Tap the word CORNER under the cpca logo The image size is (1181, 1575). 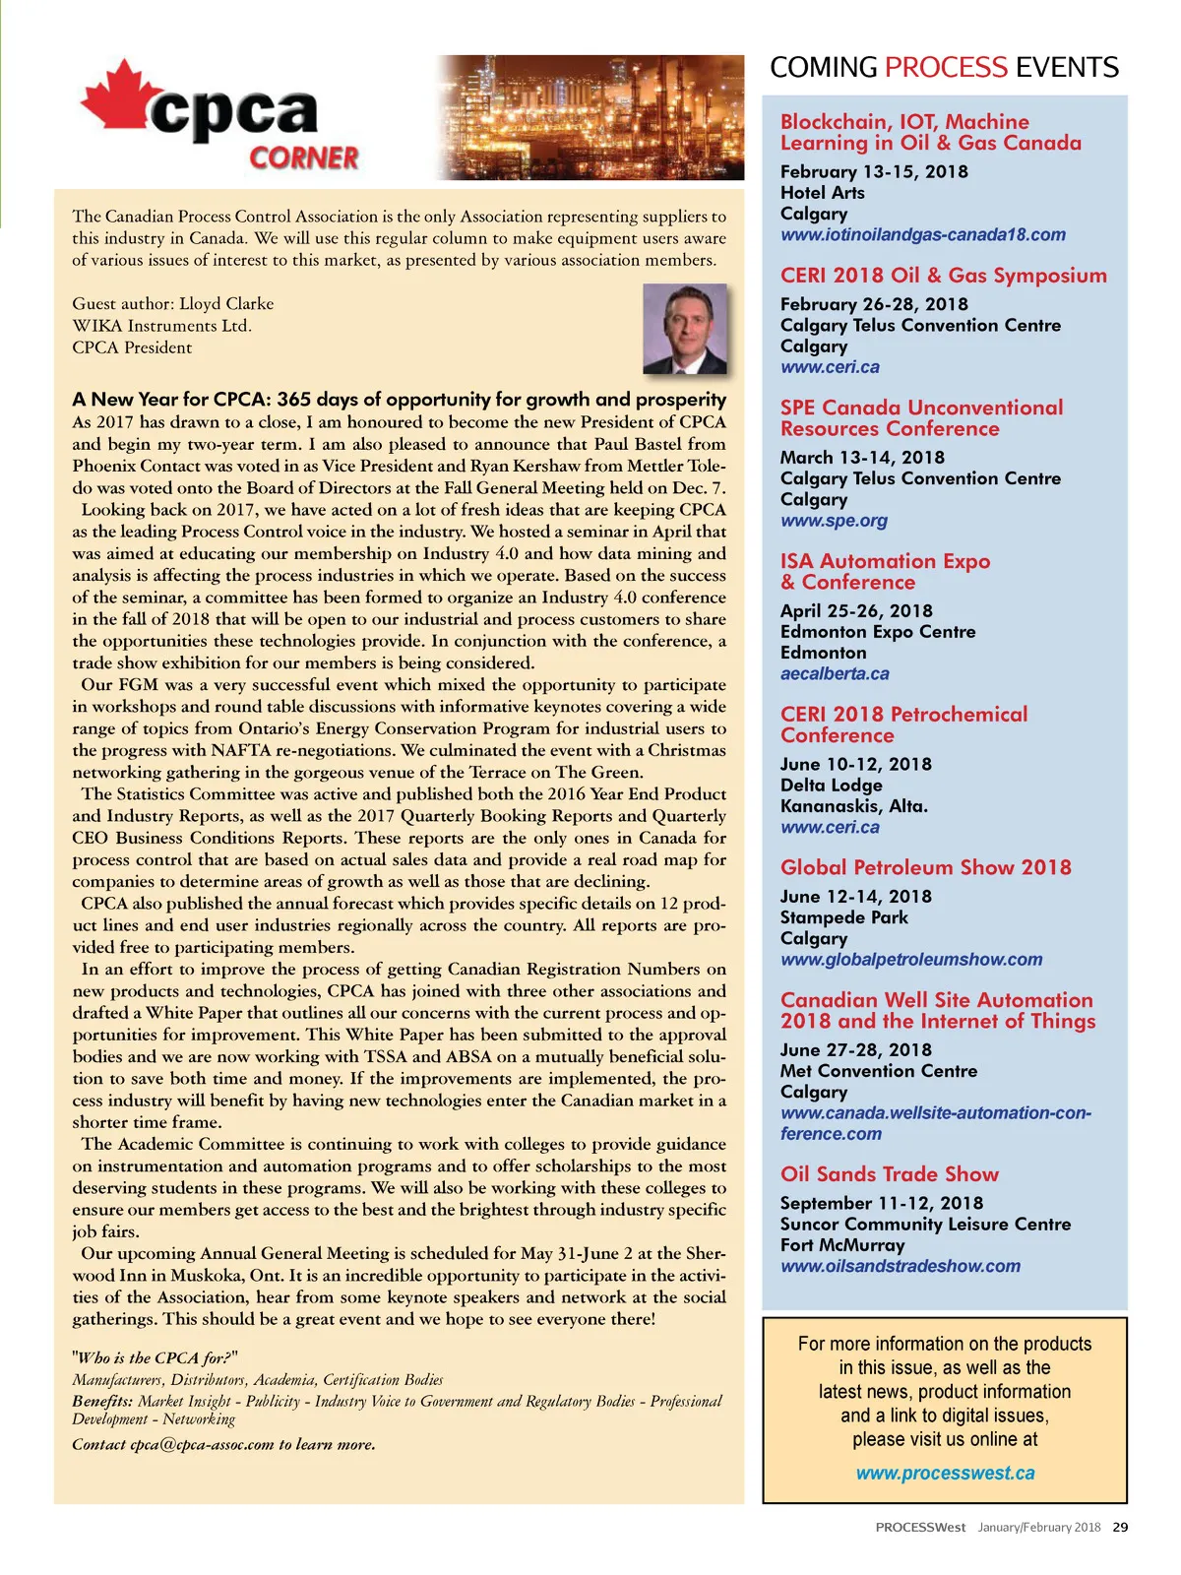(x=303, y=157)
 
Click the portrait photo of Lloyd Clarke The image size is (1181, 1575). (x=685, y=329)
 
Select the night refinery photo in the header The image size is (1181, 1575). (x=590, y=117)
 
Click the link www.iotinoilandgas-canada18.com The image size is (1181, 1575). (x=922, y=235)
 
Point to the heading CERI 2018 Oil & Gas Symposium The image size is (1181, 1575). (x=943, y=276)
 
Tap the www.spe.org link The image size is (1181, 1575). (x=834, y=521)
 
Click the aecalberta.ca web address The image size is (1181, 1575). (x=835, y=674)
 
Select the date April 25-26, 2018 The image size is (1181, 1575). (x=856, y=610)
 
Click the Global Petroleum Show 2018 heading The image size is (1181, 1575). (x=925, y=867)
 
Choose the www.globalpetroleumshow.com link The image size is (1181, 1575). (x=911, y=960)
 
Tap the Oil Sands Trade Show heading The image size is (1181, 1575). (x=889, y=1174)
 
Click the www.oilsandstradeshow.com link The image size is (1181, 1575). (x=900, y=1267)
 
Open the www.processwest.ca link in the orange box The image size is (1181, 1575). (x=945, y=1474)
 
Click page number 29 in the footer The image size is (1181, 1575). (x=1120, y=1528)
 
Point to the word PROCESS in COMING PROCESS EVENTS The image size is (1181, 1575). (x=946, y=68)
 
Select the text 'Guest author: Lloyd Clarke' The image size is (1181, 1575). (x=173, y=304)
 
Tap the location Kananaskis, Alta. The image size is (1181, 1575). (x=853, y=806)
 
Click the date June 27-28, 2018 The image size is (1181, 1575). (x=855, y=1050)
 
